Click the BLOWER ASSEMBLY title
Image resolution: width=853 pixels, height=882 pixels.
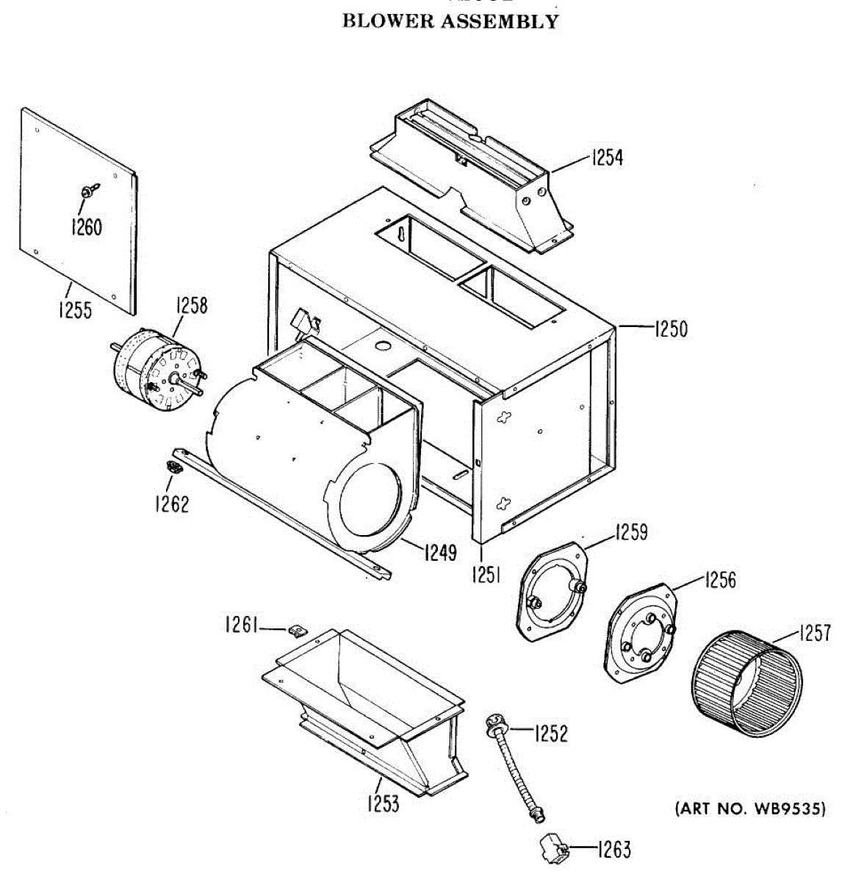(x=450, y=21)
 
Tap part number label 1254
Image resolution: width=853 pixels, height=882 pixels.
(x=606, y=157)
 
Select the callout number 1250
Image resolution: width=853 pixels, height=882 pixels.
(x=671, y=329)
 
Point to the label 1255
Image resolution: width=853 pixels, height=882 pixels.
(x=76, y=310)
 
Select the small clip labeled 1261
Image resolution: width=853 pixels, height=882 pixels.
(x=297, y=631)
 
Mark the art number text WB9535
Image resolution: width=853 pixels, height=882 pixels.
(x=750, y=809)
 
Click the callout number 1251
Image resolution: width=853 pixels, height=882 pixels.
(x=486, y=572)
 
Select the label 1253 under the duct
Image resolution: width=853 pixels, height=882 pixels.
(x=384, y=803)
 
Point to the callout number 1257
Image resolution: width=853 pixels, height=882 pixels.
(x=814, y=633)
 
